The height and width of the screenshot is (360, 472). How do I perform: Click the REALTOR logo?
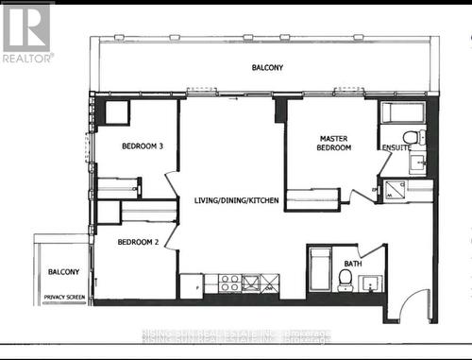(x=26, y=32)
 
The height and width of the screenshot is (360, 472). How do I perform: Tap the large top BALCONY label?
(x=267, y=68)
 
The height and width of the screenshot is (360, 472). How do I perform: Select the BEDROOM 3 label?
(x=143, y=146)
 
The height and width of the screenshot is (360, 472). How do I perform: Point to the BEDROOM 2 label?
(x=139, y=242)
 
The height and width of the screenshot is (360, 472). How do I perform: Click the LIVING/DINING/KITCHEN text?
(x=236, y=200)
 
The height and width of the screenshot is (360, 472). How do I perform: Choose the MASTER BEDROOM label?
(x=334, y=143)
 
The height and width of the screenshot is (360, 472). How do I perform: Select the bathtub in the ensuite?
(x=402, y=113)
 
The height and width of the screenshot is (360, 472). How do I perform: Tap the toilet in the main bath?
(x=346, y=279)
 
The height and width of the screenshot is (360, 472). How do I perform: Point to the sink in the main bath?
(x=372, y=283)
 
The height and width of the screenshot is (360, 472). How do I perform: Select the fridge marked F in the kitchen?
(x=192, y=283)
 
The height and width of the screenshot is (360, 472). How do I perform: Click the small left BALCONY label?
(x=64, y=272)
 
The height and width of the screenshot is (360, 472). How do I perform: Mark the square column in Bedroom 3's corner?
(x=117, y=112)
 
